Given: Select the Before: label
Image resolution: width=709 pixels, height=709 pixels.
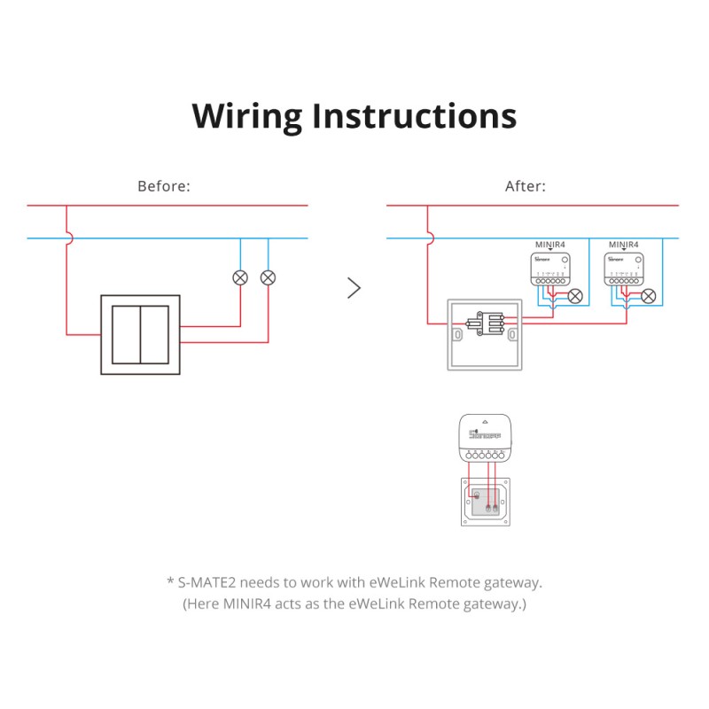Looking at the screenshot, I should [164, 187].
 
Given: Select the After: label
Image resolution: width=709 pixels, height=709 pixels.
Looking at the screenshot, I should [526, 187].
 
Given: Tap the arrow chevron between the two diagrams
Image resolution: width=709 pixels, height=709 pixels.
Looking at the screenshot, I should [354, 288].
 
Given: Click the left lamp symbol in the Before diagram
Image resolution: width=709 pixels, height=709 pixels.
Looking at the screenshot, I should [239, 277].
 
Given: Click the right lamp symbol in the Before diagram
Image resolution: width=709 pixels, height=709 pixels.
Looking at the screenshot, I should [268, 277].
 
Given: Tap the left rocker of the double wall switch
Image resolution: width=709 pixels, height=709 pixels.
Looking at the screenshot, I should [127, 335].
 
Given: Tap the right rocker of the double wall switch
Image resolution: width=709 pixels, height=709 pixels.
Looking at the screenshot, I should [155, 335].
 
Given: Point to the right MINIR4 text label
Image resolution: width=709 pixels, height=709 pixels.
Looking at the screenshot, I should [624, 243].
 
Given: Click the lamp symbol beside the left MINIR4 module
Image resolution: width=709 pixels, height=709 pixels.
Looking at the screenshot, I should [575, 297].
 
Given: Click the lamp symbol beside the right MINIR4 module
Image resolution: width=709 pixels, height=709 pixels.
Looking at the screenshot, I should [649, 297].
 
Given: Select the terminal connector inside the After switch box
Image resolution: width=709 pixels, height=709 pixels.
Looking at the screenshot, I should [486, 323].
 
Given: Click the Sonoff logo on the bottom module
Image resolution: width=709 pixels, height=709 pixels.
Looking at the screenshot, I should [484, 436].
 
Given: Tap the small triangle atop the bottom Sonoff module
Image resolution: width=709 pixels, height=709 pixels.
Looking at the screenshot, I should [484, 423].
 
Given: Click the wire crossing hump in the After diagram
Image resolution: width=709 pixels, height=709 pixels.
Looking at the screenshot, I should [429, 238].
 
